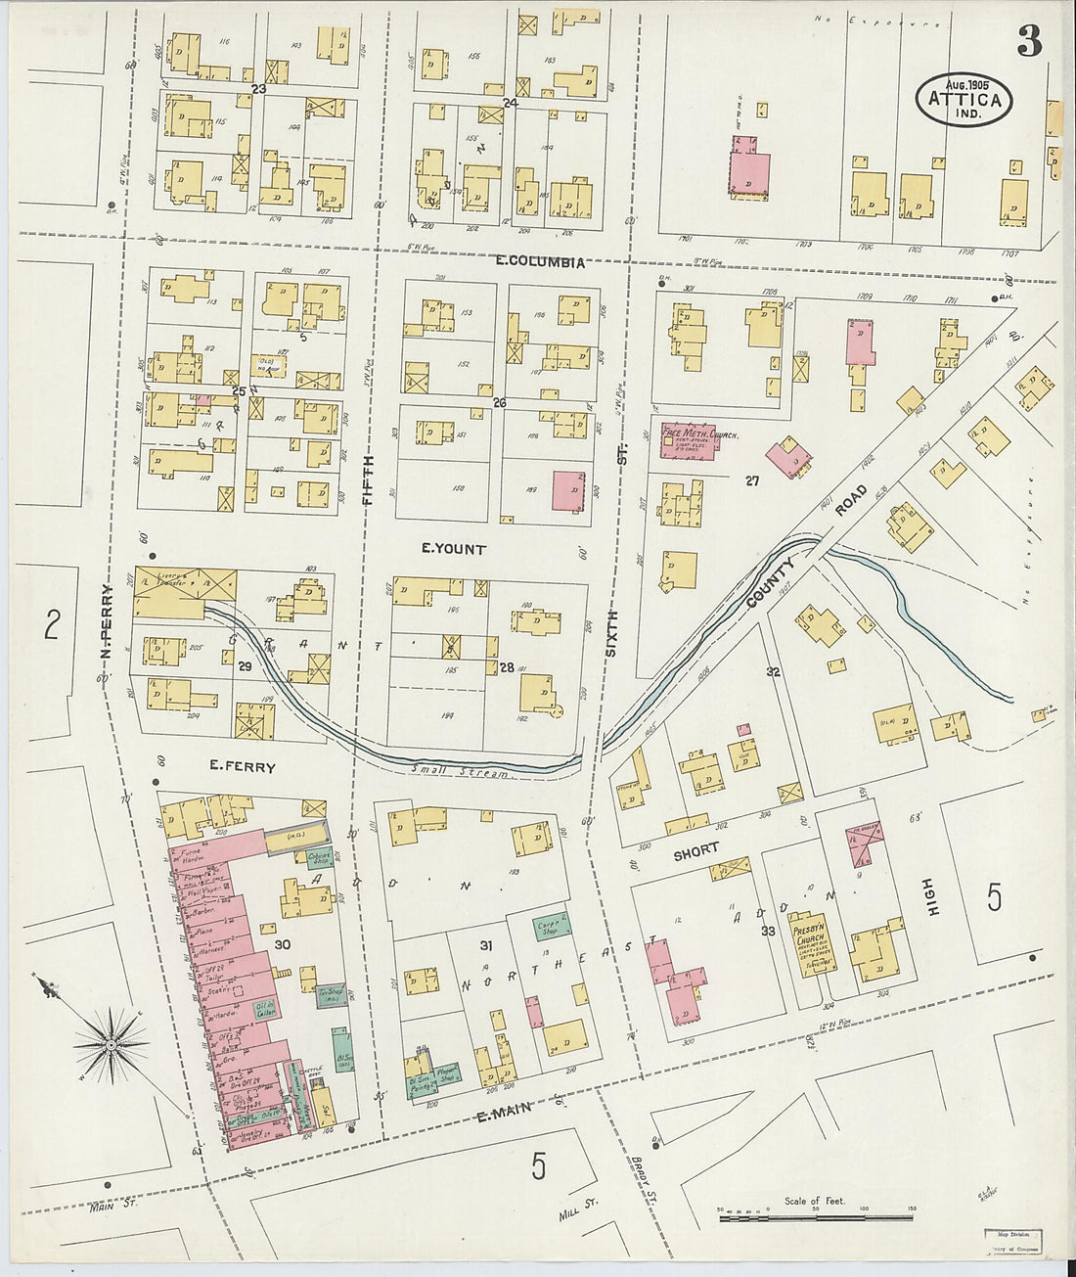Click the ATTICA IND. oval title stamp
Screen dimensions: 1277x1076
[x=964, y=99]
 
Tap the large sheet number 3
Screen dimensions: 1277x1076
[x=1028, y=41]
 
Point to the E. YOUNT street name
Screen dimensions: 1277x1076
[x=453, y=549]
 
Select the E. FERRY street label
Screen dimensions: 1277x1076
[x=243, y=768]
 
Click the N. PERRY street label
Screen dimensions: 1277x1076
[x=107, y=620]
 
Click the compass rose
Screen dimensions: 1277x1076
[x=111, y=1044]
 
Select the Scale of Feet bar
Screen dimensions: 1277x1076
[x=815, y=1217]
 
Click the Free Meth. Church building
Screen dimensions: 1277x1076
[x=689, y=439]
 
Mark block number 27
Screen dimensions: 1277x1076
[x=751, y=480]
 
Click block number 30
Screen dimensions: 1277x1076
[x=283, y=944]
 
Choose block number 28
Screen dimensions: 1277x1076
[x=506, y=667]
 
